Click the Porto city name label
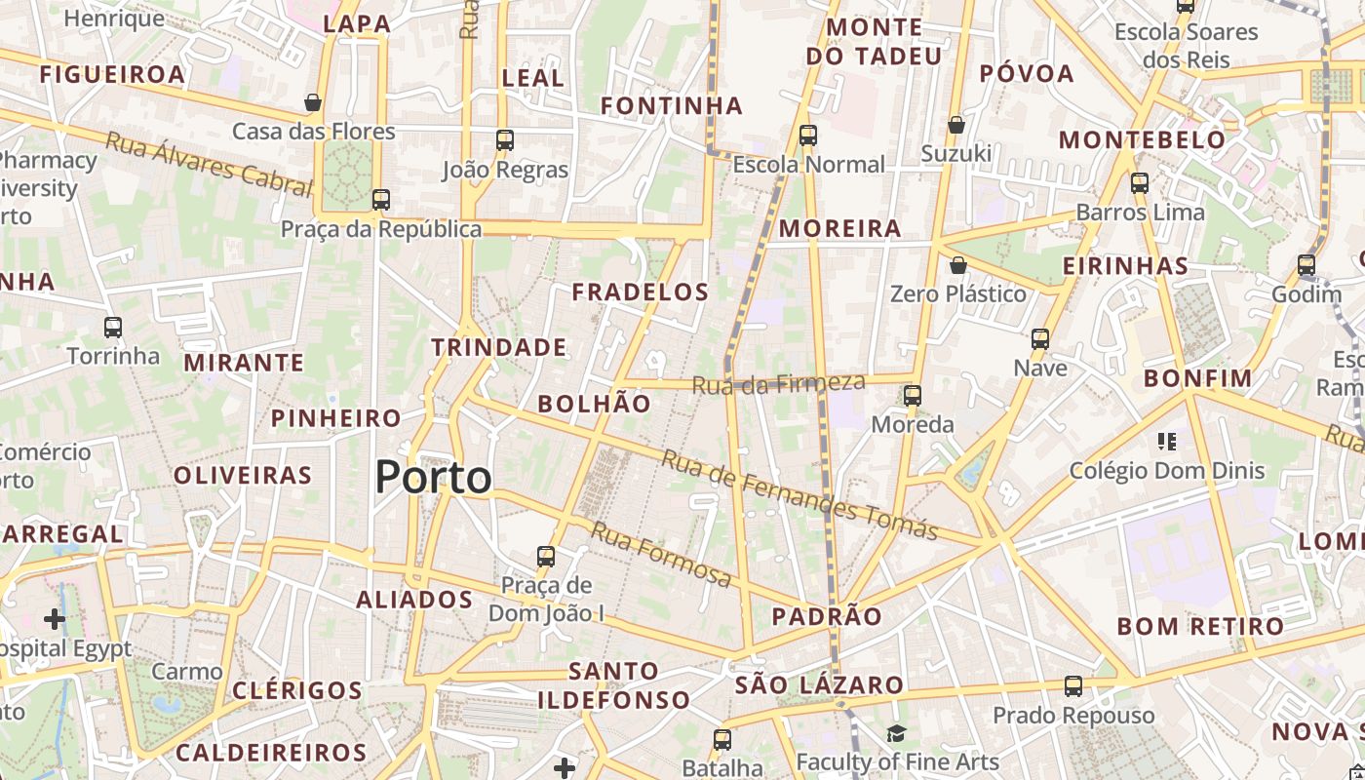tap(433, 478)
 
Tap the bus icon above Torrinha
tap(113, 328)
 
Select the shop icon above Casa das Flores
tap(313, 102)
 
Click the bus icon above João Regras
tap(504, 140)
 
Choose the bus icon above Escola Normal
tap(808, 136)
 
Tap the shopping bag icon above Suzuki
tap(956, 125)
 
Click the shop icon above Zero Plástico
tap(958, 265)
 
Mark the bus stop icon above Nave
tap(1040, 339)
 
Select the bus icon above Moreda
tap(913, 396)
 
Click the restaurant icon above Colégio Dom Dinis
tap(1167, 442)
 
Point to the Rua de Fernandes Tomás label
tap(799, 495)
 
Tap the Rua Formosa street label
tap(661, 555)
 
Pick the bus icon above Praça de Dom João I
tap(546, 557)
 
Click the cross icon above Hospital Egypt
tap(55, 619)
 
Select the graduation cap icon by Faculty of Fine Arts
tap(896, 733)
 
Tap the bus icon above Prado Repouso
tap(1073, 686)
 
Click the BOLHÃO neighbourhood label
tap(594, 404)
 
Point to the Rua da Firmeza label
tap(778, 383)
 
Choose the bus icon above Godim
tap(1306, 265)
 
